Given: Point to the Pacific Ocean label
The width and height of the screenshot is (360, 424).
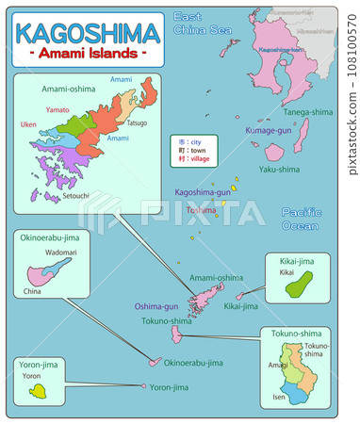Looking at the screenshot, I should point(301,220).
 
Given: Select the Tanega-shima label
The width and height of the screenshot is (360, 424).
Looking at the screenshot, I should point(307,111).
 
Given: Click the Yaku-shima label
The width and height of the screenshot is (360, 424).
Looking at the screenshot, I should point(278,170).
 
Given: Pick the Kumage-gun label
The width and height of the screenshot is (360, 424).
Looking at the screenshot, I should point(269,130).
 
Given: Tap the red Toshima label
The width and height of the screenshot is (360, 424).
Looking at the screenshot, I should point(201,210).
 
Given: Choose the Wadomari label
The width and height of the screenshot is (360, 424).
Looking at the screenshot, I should point(61,253).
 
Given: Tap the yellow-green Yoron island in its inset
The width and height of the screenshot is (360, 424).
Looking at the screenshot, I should point(39,390).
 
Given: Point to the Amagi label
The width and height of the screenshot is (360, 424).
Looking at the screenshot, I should point(278,364).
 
